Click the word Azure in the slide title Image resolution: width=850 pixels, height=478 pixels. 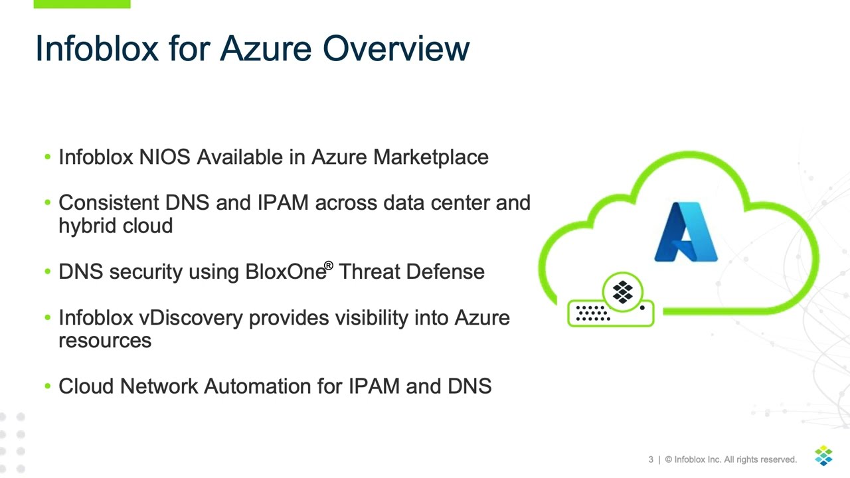coord(266,48)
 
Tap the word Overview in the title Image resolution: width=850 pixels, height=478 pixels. coord(396,48)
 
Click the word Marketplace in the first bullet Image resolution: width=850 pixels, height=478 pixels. coord(430,157)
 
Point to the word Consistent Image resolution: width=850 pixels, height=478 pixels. coord(109,202)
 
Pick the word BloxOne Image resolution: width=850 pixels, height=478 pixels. coord(285,272)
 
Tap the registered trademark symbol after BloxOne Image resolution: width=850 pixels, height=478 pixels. coord(328,266)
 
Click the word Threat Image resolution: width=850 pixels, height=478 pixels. coord(369,272)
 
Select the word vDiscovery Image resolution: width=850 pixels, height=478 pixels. coord(191,318)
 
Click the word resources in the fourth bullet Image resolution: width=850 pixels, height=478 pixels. coord(105,341)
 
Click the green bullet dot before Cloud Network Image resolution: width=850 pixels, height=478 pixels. coord(47,386)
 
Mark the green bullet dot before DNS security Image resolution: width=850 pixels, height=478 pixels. coord(47,272)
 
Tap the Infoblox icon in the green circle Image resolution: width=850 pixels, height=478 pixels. coord(622,292)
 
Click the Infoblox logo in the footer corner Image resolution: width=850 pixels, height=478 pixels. coord(823,456)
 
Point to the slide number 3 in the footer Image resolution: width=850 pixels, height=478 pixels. coord(651,459)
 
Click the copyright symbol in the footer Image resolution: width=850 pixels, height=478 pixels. coord(668,459)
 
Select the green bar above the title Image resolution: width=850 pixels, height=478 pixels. coord(82,4)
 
